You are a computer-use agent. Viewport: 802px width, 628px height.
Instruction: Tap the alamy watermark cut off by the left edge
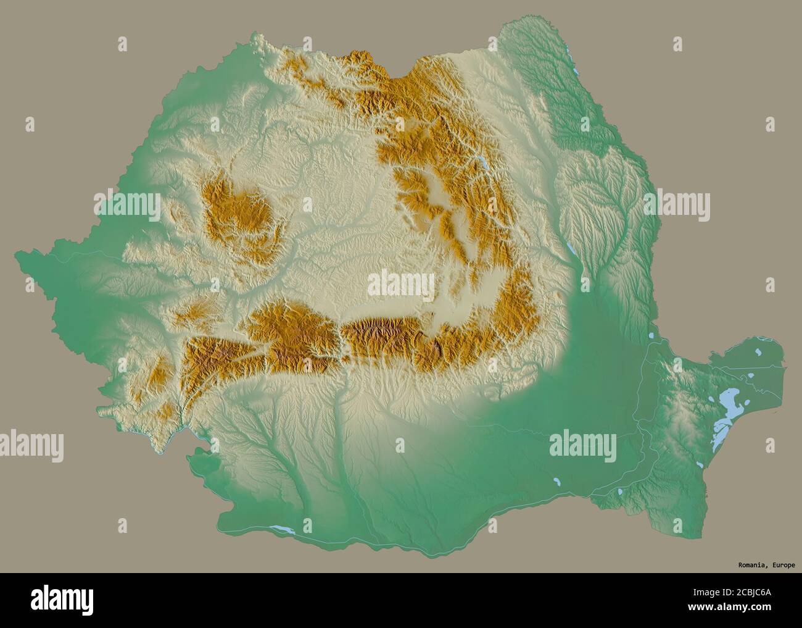tap(31, 444)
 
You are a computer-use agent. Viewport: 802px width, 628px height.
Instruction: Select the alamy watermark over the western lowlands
tap(126, 206)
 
